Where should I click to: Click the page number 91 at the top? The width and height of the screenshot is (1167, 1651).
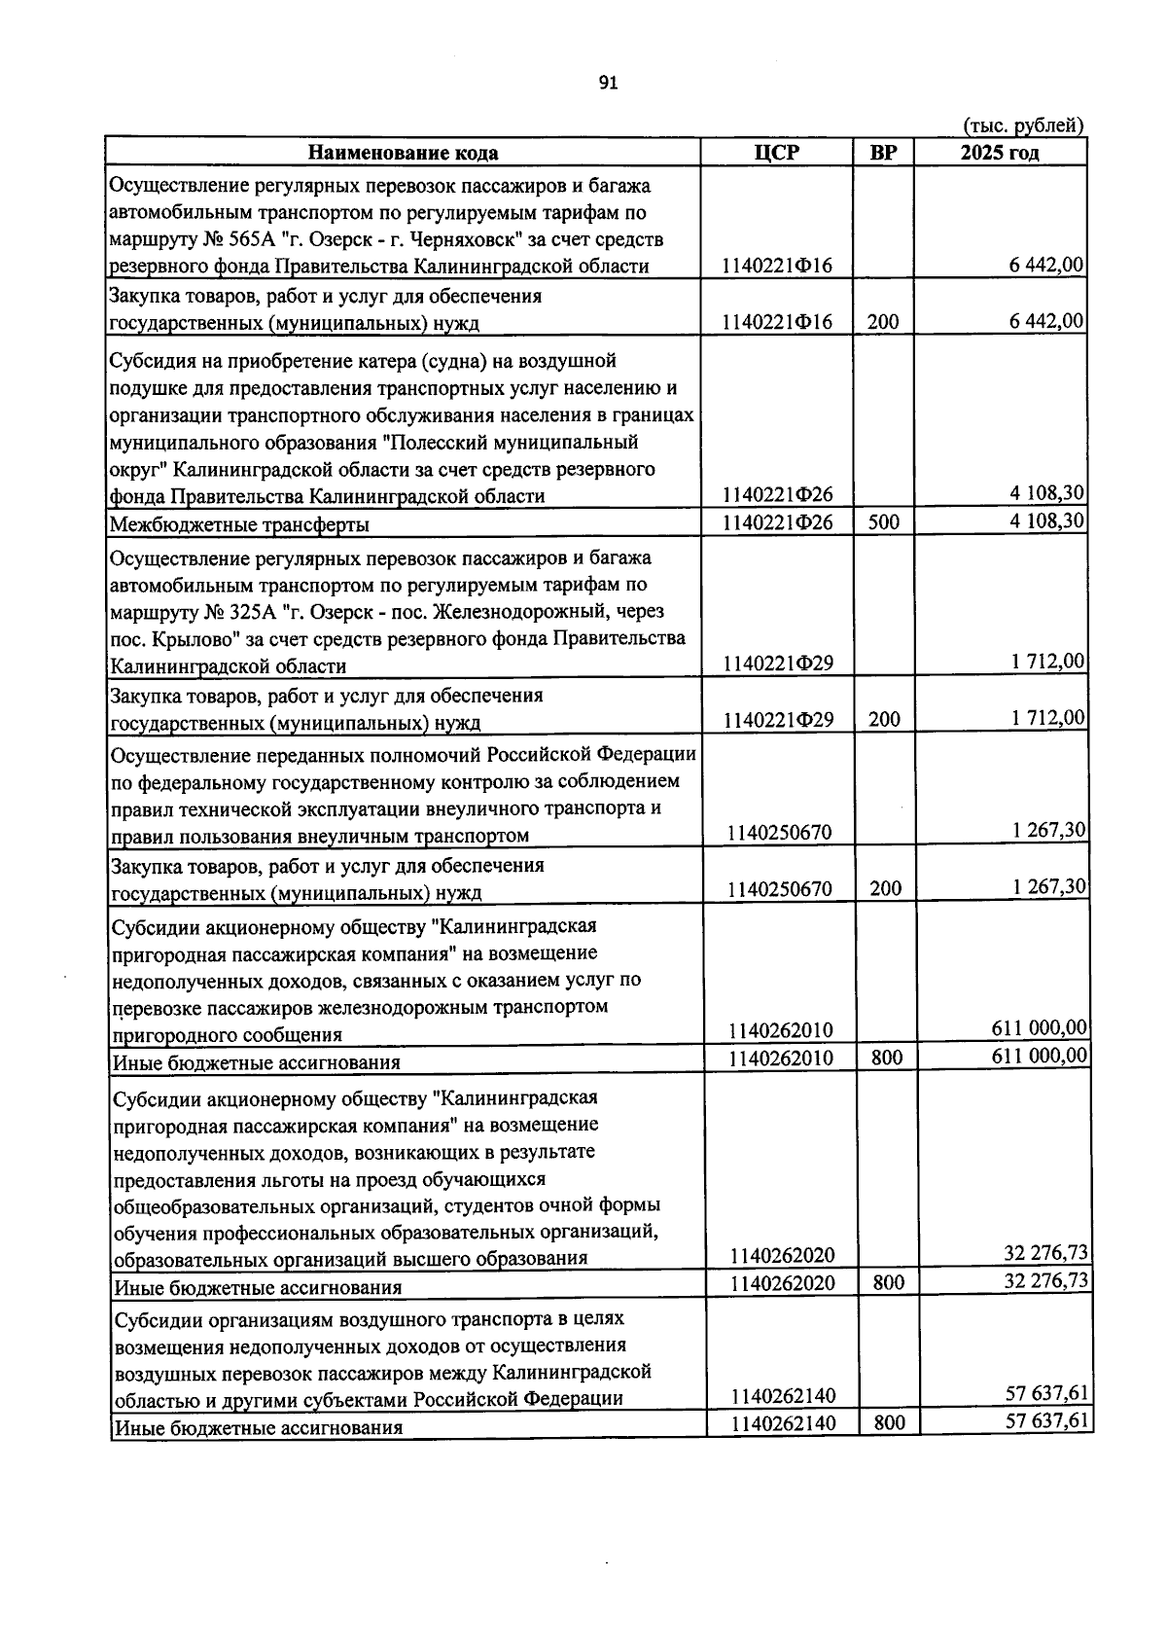click(609, 84)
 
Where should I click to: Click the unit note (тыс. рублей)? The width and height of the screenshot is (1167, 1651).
click(1022, 126)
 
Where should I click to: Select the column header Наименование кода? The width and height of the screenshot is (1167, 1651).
click(403, 153)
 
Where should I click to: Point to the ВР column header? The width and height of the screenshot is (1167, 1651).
click(883, 153)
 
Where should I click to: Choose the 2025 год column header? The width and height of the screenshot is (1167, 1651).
click(999, 153)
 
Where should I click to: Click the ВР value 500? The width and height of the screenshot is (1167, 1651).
click(883, 521)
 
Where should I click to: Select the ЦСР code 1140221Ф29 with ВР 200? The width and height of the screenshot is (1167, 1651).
click(777, 720)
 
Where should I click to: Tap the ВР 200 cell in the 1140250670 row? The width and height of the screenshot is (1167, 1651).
click(885, 888)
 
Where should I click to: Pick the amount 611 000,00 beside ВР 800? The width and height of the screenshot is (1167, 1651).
click(1039, 1056)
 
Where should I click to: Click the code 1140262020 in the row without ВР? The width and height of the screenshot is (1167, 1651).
click(782, 1255)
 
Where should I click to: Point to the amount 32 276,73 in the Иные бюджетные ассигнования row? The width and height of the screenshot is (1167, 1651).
click(1045, 1280)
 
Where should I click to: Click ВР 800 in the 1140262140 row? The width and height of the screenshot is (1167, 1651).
click(889, 1423)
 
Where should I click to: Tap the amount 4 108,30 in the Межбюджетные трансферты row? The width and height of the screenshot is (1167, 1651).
click(1046, 520)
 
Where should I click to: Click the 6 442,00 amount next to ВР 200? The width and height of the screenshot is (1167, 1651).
click(1046, 321)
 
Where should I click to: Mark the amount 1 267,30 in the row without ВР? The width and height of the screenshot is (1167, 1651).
click(1047, 830)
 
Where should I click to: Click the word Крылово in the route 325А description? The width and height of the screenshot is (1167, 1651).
click(188, 639)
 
